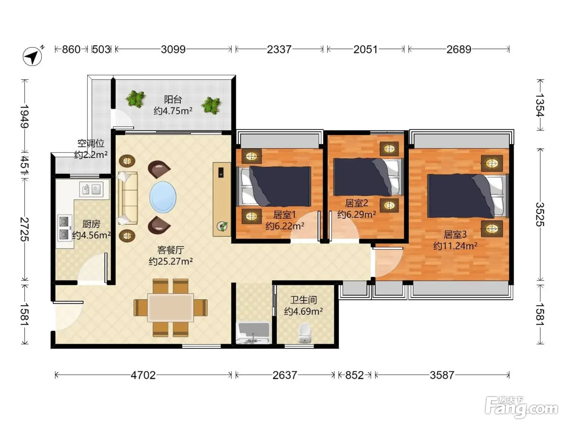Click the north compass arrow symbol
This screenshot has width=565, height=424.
tap(33, 56)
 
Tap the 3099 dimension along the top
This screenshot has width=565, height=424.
tap(173, 49)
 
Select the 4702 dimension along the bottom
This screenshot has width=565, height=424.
tap(143, 375)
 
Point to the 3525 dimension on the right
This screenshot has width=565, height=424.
tap(540, 214)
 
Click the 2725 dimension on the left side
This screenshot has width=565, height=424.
tap(25, 229)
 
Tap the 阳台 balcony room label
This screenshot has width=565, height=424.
tap(173, 99)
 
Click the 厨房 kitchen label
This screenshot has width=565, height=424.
tap(91, 224)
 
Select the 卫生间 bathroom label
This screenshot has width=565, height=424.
tap(303, 300)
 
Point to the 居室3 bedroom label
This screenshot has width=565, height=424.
tap(455, 234)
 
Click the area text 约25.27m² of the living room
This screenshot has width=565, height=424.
tap(171, 261)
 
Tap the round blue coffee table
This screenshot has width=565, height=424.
tap(163, 197)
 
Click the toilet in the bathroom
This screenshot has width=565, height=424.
tap(305, 333)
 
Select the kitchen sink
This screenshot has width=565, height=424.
tap(91, 189)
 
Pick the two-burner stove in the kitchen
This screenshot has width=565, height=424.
tap(65, 228)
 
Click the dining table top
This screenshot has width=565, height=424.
tap(170, 308)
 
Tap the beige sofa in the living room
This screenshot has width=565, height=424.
tap(128, 198)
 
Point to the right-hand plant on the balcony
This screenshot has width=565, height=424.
tap(211, 105)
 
